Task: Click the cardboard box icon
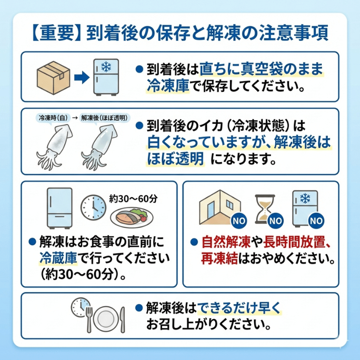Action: point(53,77)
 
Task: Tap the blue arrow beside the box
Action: point(81,78)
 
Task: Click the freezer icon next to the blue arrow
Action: point(106,76)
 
